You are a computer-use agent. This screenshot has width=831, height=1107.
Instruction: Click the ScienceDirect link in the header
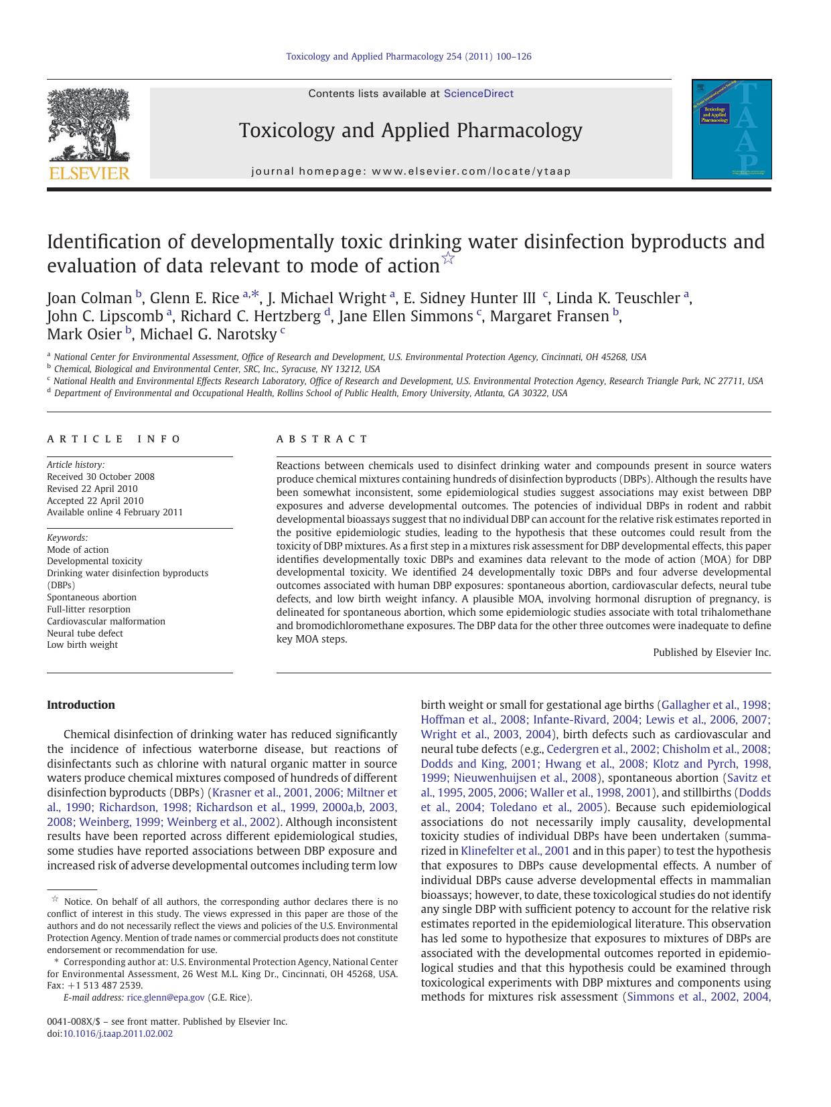[478, 94]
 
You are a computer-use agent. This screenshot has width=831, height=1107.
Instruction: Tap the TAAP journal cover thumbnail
[731, 129]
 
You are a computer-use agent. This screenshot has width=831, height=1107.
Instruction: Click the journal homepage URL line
[410, 171]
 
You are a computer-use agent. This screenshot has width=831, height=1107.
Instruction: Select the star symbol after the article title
[449, 259]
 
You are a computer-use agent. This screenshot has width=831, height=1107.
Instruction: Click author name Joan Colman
[89, 299]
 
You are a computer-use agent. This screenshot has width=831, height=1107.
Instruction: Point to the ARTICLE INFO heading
[114, 440]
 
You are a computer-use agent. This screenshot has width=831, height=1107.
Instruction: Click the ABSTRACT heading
[322, 440]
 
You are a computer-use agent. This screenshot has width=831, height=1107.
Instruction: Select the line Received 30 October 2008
[100, 477]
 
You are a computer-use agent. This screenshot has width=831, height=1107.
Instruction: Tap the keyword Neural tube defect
[85, 633]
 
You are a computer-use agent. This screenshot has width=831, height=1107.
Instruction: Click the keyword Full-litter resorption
[88, 609]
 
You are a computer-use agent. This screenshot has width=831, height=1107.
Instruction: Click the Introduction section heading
[81, 705]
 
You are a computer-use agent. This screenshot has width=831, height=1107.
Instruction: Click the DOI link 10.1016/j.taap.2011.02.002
[117, 1033]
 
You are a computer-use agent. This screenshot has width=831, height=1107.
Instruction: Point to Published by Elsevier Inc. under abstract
[711, 653]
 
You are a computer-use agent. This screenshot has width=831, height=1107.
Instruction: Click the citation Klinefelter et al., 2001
[515, 851]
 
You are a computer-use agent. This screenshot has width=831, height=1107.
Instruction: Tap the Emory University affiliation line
[310, 394]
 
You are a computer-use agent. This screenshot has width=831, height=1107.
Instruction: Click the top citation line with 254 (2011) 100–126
[408, 56]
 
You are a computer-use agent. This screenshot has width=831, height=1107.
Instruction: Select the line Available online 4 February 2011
[115, 512]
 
